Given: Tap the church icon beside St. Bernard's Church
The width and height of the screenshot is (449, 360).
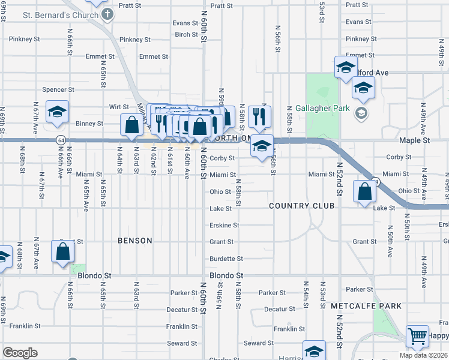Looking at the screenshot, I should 107,14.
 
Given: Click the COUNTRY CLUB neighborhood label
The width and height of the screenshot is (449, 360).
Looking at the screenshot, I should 301,206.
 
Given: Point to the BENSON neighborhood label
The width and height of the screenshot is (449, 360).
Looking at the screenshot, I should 135,241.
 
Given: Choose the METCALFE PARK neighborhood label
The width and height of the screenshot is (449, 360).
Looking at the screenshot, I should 366,306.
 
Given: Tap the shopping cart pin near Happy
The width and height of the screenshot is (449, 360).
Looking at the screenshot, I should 417,336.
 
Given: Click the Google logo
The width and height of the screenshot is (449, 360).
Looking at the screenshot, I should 20,353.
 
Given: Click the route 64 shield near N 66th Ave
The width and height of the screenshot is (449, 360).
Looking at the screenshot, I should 61,140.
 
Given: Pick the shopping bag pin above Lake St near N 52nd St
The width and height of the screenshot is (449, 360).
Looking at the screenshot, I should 365,192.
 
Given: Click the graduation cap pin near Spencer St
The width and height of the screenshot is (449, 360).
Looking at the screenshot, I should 58,112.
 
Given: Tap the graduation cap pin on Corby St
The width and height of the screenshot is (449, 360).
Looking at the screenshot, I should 262,146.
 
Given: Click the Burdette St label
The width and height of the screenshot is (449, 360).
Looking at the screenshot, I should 226,259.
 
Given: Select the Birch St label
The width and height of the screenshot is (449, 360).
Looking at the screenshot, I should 186,35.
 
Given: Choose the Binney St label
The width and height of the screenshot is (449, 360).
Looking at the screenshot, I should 89,124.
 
